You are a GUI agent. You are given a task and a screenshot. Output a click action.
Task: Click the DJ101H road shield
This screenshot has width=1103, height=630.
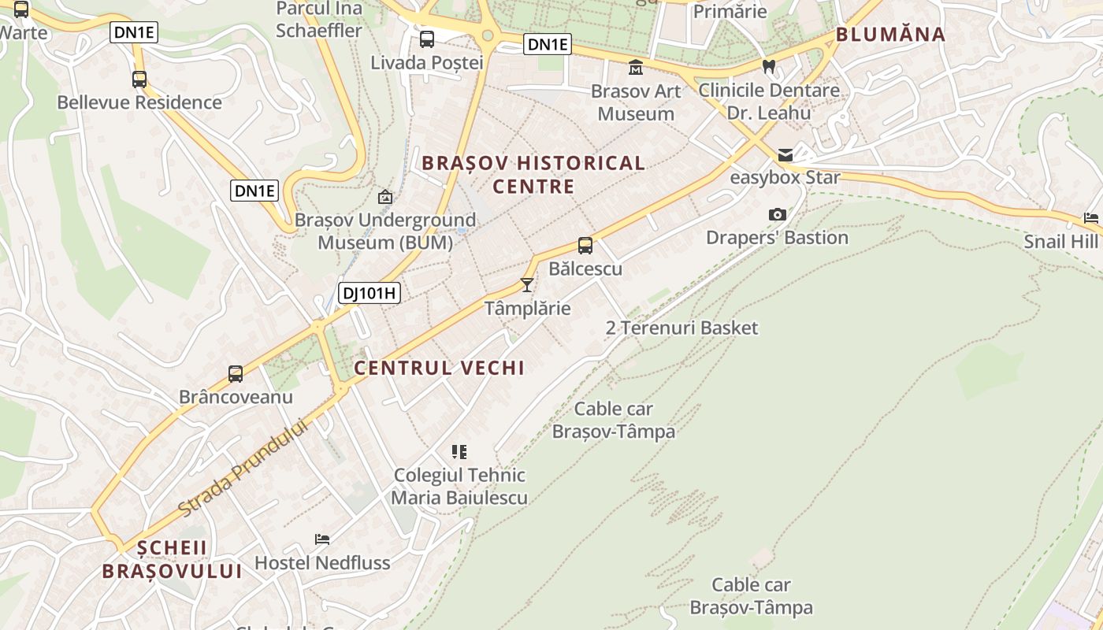click(370, 294)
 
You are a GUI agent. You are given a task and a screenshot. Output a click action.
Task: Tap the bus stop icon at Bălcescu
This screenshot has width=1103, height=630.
click(585, 245)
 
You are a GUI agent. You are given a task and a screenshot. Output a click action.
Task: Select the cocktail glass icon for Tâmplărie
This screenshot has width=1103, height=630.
click(527, 284)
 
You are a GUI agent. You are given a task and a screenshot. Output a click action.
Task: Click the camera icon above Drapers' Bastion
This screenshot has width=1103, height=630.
click(777, 214)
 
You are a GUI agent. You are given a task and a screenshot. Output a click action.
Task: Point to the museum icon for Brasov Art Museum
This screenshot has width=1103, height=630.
click(635, 68)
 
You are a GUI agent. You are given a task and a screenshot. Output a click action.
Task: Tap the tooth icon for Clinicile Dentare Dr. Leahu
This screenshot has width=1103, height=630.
click(769, 67)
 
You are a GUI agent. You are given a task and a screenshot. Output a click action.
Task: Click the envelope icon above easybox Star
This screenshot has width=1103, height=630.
click(785, 155)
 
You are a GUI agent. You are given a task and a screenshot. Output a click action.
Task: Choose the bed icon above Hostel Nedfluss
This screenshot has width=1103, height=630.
click(321, 539)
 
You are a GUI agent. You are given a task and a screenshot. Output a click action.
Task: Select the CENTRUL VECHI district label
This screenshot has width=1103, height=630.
click(439, 368)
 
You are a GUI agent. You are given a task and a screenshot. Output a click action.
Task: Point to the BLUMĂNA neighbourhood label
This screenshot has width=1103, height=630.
click(890, 34)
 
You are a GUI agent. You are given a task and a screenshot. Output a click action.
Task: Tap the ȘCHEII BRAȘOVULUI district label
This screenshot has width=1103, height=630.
click(172, 560)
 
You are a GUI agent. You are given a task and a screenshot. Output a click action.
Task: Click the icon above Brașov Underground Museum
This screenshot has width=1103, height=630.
click(385, 197)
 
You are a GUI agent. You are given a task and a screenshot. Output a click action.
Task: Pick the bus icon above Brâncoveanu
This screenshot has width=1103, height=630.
click(235, 374)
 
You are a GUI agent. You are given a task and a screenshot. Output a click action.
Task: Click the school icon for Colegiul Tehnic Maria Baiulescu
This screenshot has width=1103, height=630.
click(459, 452)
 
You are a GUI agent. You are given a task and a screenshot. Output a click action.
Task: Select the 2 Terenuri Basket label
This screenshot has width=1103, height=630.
click(681, 328)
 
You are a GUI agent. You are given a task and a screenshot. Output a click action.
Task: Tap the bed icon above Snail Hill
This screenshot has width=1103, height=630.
click(1090, 218)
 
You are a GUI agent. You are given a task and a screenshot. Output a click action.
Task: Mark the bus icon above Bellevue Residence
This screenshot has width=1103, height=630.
click(139, 80)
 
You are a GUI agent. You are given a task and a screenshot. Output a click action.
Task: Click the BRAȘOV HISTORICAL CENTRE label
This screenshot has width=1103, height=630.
click(533, 175)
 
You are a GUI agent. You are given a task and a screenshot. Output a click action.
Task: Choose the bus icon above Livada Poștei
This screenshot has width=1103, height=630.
click(426, 39)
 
